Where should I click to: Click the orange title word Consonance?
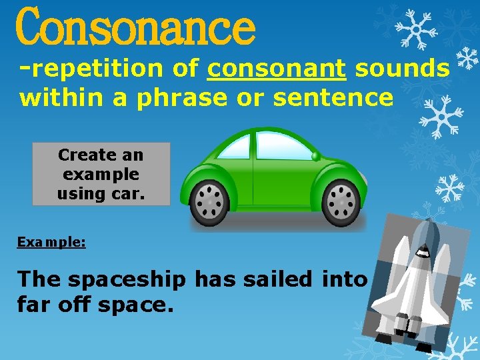pyautogui.click(x=135, y=27)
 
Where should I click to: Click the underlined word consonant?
pyautogui.click(x=277, y=69)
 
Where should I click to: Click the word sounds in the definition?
pyautogui.click(x=402, y=69)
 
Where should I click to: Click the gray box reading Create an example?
pyautogui.click(x=101, y=174)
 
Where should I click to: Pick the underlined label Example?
pyautogui.click(x=51, y=242)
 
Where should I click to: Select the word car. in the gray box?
pyautogui.click(x=125, y=194)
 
